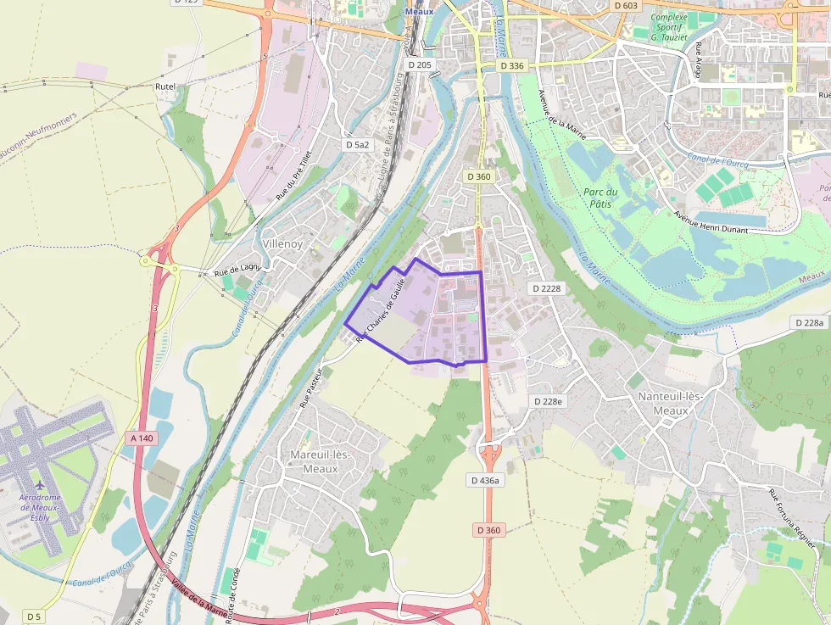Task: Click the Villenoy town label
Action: pos(282,243)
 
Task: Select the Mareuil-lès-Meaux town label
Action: pos(320,461)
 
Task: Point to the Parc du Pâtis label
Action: pos(600,198)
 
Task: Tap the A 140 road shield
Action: pos(142,438)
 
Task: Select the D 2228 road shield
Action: pos(547,288)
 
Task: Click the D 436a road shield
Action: pos(486,480)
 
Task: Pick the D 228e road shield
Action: pos(547,400)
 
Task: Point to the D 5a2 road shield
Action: pos(358,145)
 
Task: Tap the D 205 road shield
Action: pos(419,65)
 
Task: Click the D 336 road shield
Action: pos(512,65)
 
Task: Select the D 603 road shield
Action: pos(626,5)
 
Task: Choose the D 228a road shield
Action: pos(810,322)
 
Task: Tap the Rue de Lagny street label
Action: pos(237,271)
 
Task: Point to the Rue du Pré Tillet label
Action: pos(293,176)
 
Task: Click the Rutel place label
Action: pos(165,86)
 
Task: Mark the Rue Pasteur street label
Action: pos(311,388)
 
